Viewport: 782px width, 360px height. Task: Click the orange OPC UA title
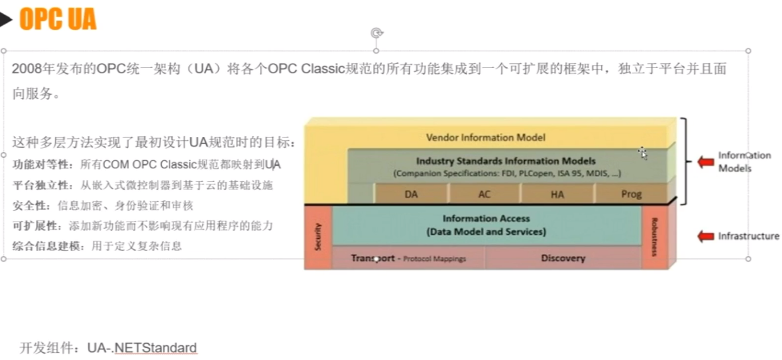58,20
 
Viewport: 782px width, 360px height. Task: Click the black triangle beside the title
6,20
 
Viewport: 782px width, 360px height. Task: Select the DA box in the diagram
411,194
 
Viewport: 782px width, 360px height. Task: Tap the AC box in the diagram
484,194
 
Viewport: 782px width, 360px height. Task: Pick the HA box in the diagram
557,194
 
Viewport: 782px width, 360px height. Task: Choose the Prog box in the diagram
631,194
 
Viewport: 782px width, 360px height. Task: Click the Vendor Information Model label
485,137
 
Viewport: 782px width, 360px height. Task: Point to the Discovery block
563,258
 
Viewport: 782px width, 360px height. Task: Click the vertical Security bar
318,236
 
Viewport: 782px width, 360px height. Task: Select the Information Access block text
486,225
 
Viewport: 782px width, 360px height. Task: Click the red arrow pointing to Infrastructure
705,236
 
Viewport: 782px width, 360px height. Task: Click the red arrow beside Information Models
705,162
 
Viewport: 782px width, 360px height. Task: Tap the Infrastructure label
748,236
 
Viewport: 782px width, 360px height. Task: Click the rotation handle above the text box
376,33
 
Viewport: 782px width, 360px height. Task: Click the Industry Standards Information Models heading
506,161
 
